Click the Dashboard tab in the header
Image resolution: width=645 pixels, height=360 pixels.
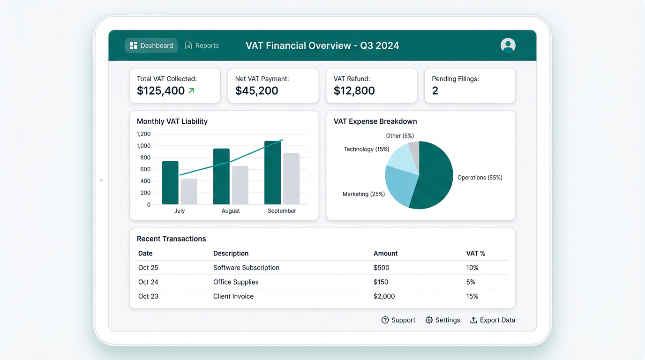click(x=151, y=45)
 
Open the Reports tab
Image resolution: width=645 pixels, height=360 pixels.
click(x=202, y=45)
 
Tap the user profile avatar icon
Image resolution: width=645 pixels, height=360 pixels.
click(x=508, y=45)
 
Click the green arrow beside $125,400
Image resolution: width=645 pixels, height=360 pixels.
click(x=191, y=91)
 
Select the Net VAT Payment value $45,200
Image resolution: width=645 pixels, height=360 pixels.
click(x=256, y=91)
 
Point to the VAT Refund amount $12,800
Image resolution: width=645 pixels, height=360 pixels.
click(x=354, y=91)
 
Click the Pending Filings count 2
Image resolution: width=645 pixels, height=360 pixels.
click(x=435, y=91)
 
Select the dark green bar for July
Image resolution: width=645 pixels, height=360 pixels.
click(x=170, y=183)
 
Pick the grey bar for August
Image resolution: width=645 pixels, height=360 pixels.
click(x=240, y=185)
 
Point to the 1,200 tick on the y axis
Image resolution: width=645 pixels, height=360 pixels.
click(x=143, y=134)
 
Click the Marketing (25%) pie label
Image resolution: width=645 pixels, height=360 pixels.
click(x=363, y=194)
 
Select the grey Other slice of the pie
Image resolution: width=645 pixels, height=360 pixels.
click(x=414, y=149)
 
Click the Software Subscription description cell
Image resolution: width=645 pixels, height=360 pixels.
click(x=246, y=268)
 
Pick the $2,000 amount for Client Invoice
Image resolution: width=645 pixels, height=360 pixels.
click(x=384, y=296)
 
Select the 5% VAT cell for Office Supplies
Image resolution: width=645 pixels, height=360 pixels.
click(x=471, y=282)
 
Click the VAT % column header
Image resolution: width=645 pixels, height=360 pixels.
click(x=475, y=254)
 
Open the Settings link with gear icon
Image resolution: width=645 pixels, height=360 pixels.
click(x=442, y=320)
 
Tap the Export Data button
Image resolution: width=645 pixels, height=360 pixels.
click(x=492, y=320)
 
